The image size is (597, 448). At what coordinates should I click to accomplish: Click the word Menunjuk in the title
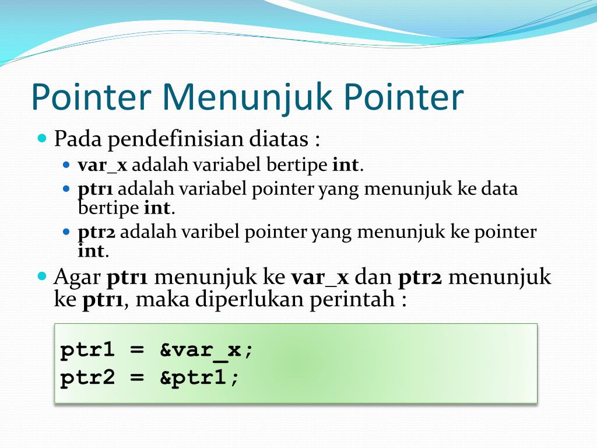click(247, 97)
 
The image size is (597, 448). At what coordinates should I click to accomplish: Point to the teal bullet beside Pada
click(42, 137)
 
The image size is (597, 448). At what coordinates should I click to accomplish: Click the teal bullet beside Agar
click(42, 275)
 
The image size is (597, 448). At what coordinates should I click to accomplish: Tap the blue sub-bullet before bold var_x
click(66, 165)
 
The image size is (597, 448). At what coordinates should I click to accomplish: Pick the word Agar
click(77, 278)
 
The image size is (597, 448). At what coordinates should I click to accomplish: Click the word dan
click(373, 277)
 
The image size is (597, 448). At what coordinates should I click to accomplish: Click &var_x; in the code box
click(206, 350)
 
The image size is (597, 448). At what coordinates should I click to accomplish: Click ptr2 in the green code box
click(87, 378)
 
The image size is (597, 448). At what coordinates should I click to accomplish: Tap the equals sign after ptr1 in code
click(137, 350)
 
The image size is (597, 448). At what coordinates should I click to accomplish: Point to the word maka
click(162, 299)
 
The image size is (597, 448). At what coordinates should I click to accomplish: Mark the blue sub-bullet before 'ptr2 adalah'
click(66, 232)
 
